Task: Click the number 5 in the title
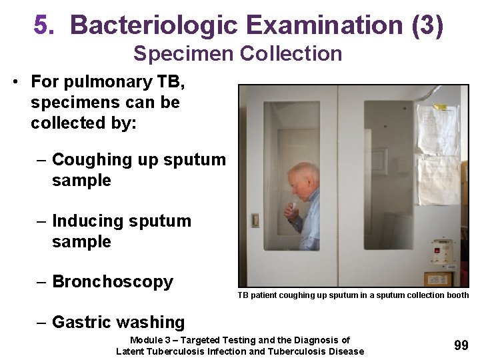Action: [42, 25]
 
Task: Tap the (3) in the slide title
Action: [427, 25]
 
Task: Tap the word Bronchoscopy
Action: [113, 282]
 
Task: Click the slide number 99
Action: [461, 345]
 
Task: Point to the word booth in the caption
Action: [458, 295]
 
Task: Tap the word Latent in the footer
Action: [131, 351]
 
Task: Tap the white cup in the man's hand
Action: [291, 206]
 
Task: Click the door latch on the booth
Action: [255, 220]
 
